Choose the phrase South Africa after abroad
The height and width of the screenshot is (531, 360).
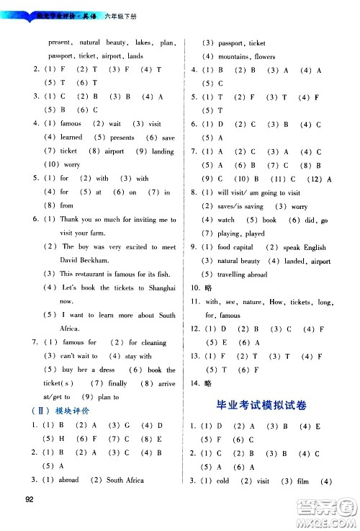[125, 479]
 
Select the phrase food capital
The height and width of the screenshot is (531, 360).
[240, 247]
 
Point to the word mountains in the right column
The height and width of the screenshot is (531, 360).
[234, 56]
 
